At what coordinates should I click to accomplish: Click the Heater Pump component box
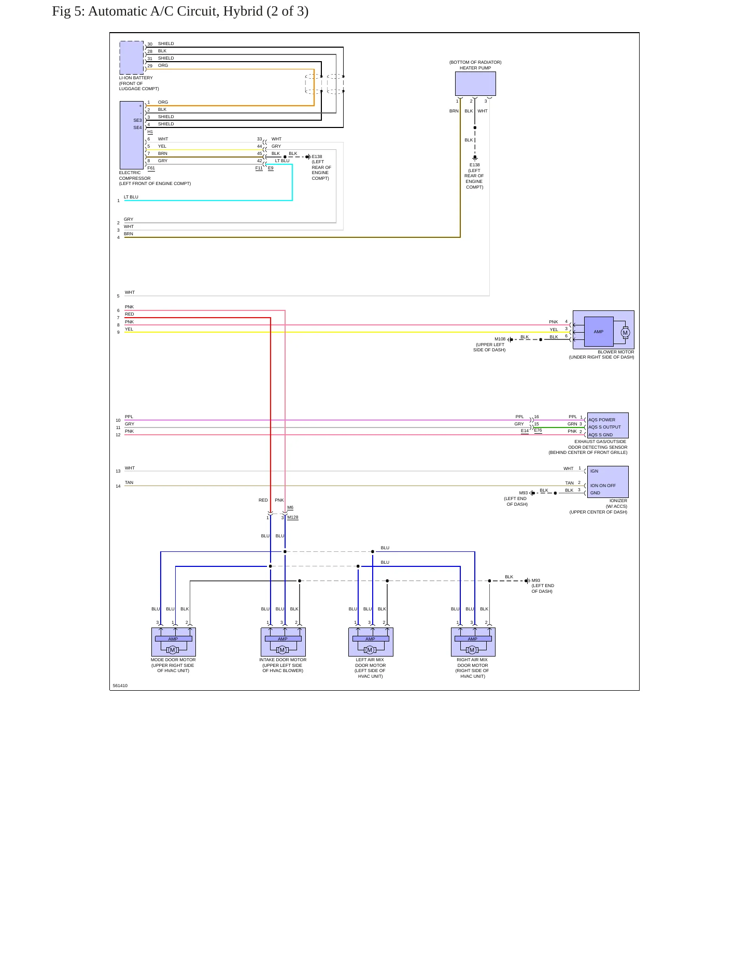point(475,83)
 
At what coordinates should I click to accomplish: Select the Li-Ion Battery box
point(132,58)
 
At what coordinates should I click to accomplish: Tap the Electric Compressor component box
point(132,135)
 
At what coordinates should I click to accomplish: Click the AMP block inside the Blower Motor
point(599,332)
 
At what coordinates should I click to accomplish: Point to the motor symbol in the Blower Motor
point(625,333)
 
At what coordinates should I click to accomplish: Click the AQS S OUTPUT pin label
point(604,427)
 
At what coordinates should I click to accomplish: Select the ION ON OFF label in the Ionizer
point(603,486)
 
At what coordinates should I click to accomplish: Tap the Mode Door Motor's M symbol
point(173,650)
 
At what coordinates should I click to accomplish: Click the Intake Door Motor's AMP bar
point(283,639)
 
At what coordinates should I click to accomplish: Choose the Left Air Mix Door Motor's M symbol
point(370,650)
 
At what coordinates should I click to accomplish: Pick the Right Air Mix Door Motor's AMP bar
point(473,639)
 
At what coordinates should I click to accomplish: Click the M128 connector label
point(293,517)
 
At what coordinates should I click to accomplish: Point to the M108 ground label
point(500,339)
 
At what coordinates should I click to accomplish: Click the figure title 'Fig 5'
point(66,11)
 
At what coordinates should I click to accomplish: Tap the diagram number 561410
point(120,686)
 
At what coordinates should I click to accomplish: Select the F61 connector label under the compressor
point(151,168)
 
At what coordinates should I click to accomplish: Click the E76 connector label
point(538,430)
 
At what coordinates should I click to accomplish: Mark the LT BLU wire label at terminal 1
point(131,197)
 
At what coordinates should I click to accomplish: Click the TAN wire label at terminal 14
point(129,482)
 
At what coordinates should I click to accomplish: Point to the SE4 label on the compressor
point(137,127)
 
